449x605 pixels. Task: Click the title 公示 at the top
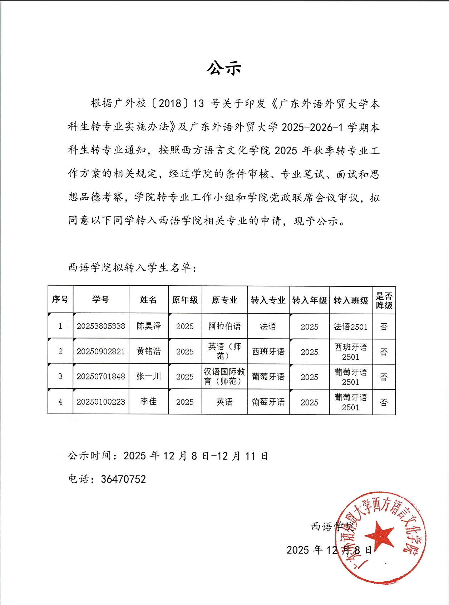click(224, 68)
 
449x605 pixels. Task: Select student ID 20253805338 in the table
click(101, 326)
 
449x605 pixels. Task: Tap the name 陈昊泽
click(148, 326)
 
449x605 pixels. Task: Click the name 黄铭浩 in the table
click(148, 351)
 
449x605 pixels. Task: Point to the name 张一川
click(148, 376)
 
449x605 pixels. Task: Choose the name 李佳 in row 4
click(148, 402)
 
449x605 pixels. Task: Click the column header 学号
click(100, 300)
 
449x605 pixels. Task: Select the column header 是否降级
click(384, 301)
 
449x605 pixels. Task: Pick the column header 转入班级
click(351, 300)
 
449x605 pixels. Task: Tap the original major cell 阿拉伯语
click(224, 326)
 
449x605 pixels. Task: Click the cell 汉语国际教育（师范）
click(224, 377)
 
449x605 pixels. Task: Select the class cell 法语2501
click(351, 326)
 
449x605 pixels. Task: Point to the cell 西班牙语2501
click(351, 352)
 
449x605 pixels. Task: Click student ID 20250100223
click(101, 402)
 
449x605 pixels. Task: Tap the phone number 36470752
click(123, 479)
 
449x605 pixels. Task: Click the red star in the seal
click(380, 535)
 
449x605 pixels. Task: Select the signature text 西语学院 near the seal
click(332, 527)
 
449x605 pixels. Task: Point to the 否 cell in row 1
click(384, 326)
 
